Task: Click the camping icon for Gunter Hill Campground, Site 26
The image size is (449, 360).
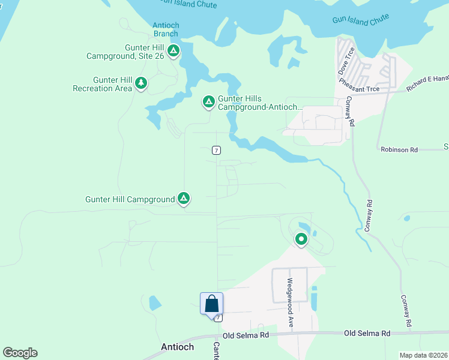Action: coord(173,51)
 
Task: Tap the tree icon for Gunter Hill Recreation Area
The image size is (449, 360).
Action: coord(141,83)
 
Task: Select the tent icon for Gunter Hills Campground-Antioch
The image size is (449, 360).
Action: coord(208,103)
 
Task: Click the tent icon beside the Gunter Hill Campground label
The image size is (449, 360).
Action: coord(184,199)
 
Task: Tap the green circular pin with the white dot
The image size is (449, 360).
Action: coord(301,240)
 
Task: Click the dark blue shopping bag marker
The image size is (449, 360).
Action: coord(212,304)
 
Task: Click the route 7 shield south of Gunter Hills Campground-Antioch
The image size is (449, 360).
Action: coord(216,150)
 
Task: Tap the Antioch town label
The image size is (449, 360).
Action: coord(178,347)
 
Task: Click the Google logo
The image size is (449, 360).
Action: coord(20,353)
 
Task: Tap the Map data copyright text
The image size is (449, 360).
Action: coord(423,355)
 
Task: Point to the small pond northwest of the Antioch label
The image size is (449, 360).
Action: coord(155,302)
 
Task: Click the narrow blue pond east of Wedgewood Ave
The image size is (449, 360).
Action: coord(313,298)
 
